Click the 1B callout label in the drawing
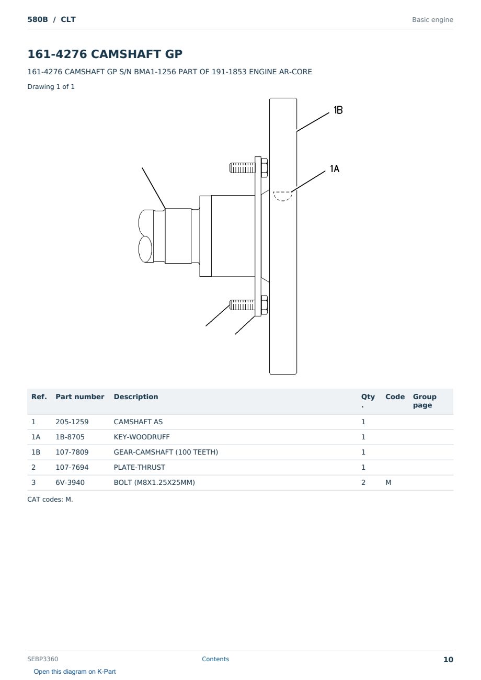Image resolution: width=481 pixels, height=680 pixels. pyautogui.click(x=338, y=110)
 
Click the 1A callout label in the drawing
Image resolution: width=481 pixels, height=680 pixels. pyautogui.click(x=335, y=169)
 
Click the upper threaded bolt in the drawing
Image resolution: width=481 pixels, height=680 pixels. pyautogui.click(x=248, y=167)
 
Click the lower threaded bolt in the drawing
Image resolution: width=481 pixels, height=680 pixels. pyautogui.click(x=248, y=305)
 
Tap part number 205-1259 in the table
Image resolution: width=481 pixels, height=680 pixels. pyautogui.click(x=72, y=422)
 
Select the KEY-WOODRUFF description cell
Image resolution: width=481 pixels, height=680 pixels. pyautogui.click(x=141, y=437)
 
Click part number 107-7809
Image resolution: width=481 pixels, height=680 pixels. pyautogui.click(x=72, y=452)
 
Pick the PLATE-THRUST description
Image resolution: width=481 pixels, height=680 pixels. pyautogui.click(x=139, y=468)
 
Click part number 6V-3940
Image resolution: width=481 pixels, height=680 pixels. pyautogui.click(x=70, y=483)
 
